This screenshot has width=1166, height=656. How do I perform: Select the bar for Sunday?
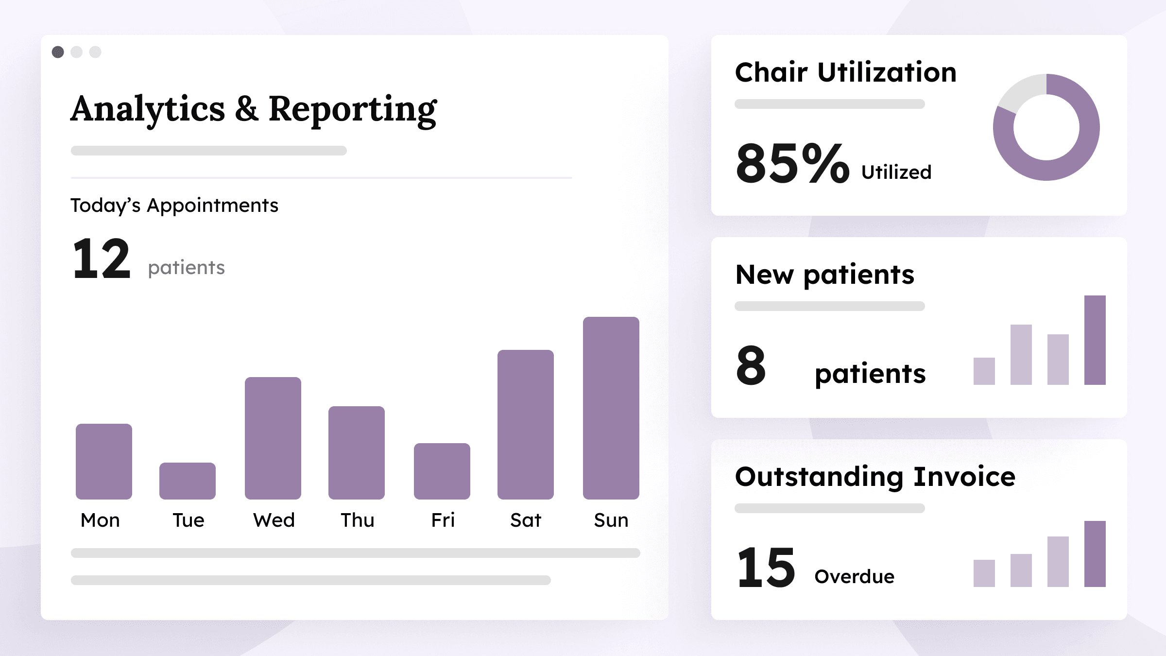[x=611, y=408]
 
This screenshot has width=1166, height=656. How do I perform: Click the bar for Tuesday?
[x=187, y=481]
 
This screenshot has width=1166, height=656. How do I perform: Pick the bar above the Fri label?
[x=442, y=471]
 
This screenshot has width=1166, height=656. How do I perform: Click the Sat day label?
[x=525, y=520]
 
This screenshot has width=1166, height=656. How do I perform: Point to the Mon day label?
[x=100, y=520]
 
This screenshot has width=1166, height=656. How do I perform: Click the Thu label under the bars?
[x=357, y=520]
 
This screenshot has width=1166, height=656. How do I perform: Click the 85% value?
[x=792, y=163]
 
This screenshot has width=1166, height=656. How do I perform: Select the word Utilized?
[x=896, y=173]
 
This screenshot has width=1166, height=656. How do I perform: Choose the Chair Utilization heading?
[x=845, y=72]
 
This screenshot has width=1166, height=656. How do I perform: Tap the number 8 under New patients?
[x=751, y=365]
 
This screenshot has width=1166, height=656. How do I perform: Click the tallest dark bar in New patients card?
[x=1095, y=340]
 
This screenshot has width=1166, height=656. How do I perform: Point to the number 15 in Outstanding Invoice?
[x=766, y=567]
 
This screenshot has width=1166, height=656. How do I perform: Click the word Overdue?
[x=854, y=577]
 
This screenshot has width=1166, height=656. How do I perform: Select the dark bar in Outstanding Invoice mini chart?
[x=1095, y=554]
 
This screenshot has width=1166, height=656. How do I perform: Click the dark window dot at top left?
[x=58, y=52]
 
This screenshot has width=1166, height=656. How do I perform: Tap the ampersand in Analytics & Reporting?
[x=247, y=109]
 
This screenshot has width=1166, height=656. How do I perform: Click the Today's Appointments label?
[x=174, y=206]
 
